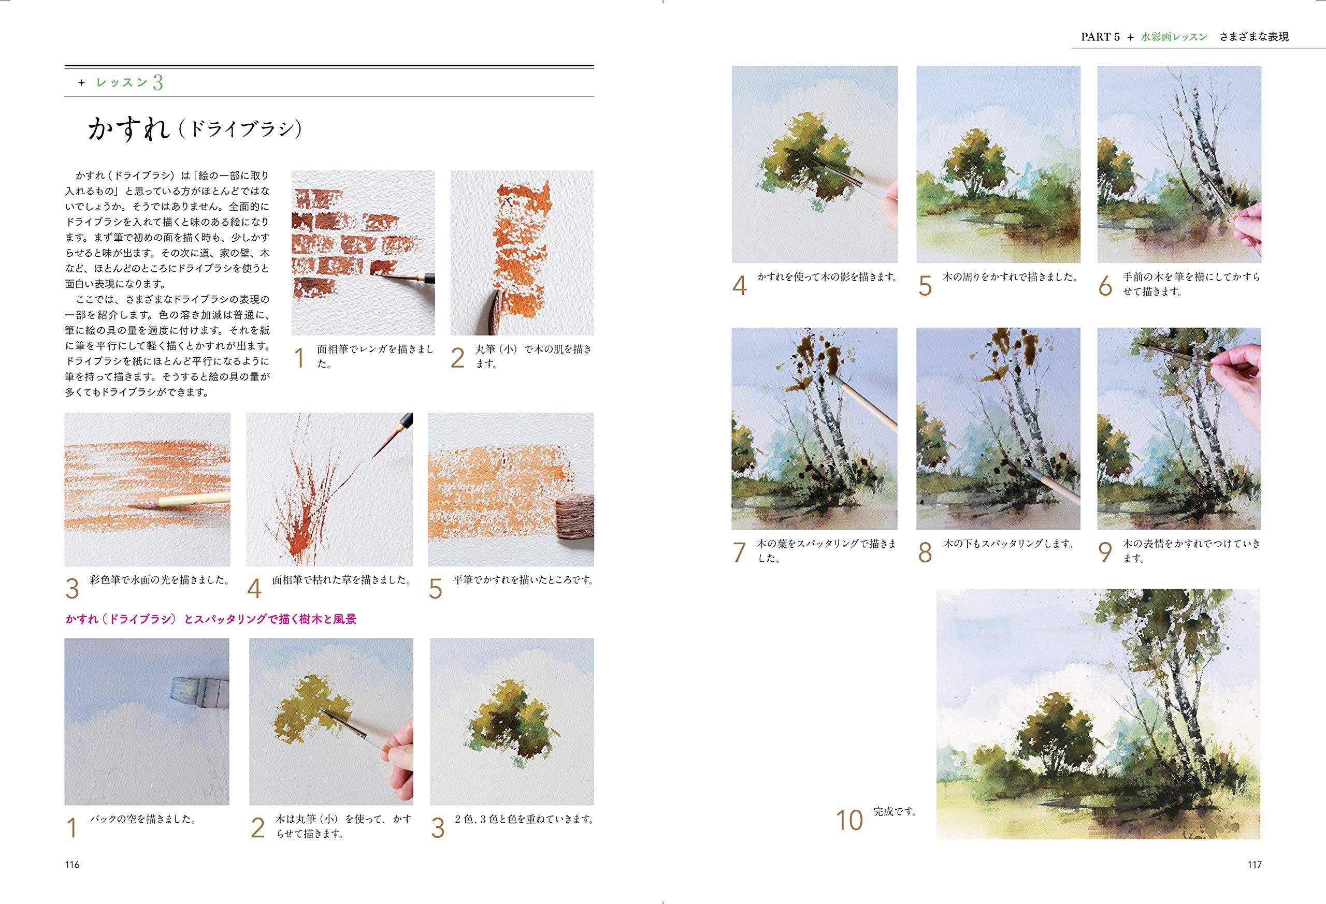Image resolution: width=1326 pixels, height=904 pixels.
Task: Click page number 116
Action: [72, 864]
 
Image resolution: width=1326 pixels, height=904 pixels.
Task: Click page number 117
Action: [1254, 864]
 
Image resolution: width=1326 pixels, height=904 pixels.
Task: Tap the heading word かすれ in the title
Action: [129, 129]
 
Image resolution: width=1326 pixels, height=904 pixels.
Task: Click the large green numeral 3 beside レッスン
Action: [158, 83]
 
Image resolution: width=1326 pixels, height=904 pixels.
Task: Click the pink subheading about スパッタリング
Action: [211, 619]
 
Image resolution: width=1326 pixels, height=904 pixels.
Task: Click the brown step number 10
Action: [849, 820]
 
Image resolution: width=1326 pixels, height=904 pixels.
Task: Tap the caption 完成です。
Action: [895, 811]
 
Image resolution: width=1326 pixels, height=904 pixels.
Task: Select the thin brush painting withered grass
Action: [394, 434]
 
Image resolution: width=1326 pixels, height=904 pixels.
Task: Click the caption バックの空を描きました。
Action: [143, 819]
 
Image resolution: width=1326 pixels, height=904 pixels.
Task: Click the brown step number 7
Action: [740, 552]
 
